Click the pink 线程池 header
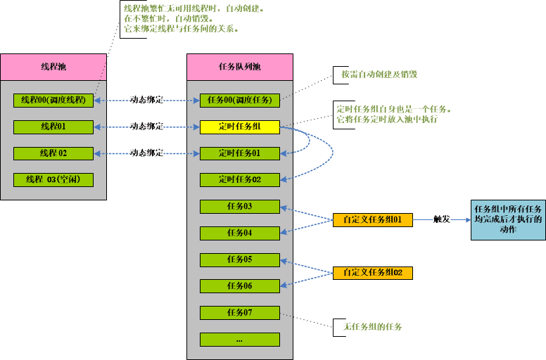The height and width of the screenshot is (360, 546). click(53, 67)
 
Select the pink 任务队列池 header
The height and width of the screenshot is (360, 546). click(240, 67)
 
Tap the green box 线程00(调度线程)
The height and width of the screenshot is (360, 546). click(53, 101)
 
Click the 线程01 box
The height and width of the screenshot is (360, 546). click(53, 127)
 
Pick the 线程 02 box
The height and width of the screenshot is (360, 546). click(53, 153)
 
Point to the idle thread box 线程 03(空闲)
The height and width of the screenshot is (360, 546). click(53, 180)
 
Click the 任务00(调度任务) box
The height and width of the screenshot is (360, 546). click(240, 101)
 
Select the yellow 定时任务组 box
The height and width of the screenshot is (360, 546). click(240, 127)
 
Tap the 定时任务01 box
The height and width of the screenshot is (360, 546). click(240, 153)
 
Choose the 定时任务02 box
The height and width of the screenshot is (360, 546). click(240, 180)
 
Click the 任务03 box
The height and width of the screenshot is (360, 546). click(240, 207)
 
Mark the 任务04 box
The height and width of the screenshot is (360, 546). click(240, 233)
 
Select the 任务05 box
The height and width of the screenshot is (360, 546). click(240, 259)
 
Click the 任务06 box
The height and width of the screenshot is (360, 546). click(240, 286)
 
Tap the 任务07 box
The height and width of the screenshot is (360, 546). click(240, 313)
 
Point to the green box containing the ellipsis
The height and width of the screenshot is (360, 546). click(240, 340)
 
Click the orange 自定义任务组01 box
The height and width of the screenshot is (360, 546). click(372, 219)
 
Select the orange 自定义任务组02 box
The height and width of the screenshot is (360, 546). click(372, 273)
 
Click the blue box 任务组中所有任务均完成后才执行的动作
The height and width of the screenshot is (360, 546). click(508, 219)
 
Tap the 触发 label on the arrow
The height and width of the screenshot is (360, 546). click(441, 219)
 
